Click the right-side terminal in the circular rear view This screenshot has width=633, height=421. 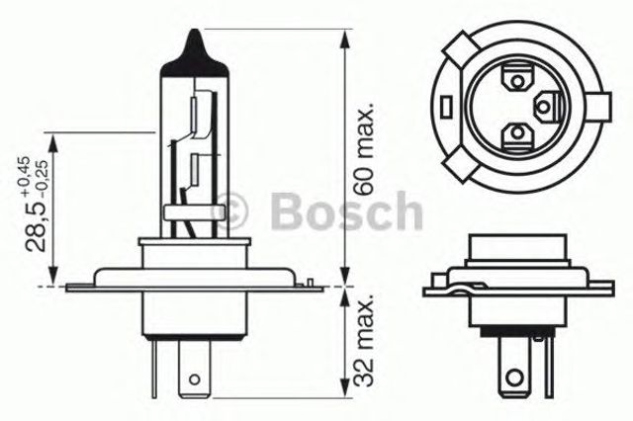(547, 103)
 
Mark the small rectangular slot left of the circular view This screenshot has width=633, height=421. (447, 104)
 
